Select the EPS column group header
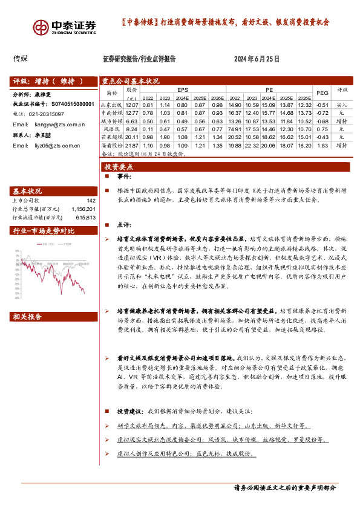point(183,89)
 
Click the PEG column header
point(322,92)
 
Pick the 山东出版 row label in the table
point(111,105)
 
